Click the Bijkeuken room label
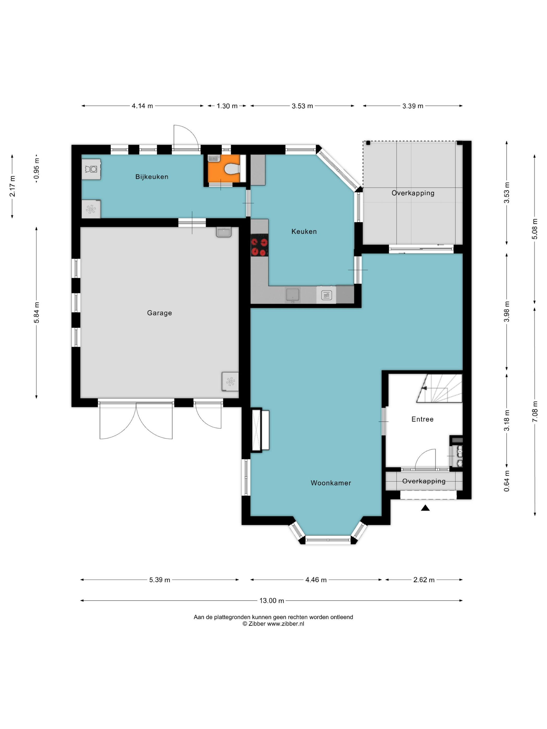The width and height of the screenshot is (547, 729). coord(152,177)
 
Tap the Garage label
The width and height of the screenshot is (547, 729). coord(159,313)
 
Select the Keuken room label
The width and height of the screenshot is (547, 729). coord(304,231)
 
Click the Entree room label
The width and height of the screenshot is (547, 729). coord(422,419)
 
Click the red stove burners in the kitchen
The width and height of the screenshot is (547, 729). coord(259,245)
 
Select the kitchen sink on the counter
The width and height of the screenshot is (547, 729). coord(293,295)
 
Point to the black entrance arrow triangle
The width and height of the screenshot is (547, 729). coord(425,508)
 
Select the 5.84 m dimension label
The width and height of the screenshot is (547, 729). coord(37,312)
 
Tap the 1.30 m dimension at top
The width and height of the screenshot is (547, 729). coord(227,106)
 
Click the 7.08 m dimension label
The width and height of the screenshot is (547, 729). coord(535,411)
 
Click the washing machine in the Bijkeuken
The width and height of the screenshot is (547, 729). coord(91,169)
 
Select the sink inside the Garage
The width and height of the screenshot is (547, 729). coord(224,232)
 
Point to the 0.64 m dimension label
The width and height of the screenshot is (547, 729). coord(507,481)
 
